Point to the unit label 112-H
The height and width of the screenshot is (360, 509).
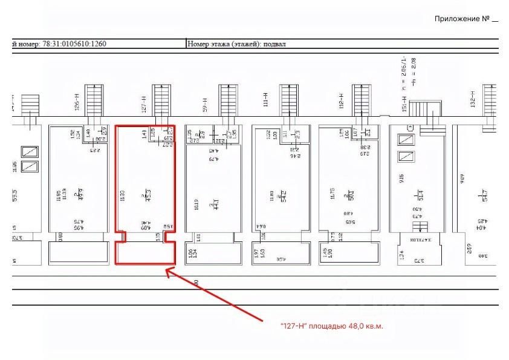pyautogui.click(x=342, y=102)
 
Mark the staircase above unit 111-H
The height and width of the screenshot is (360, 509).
pyautogui.click(x=287, y=100)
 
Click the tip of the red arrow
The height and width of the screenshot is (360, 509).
pyautogui.click(x=166, y=270)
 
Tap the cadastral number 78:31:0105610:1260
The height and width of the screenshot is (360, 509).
pyautogui.click(x=72, y=44)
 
